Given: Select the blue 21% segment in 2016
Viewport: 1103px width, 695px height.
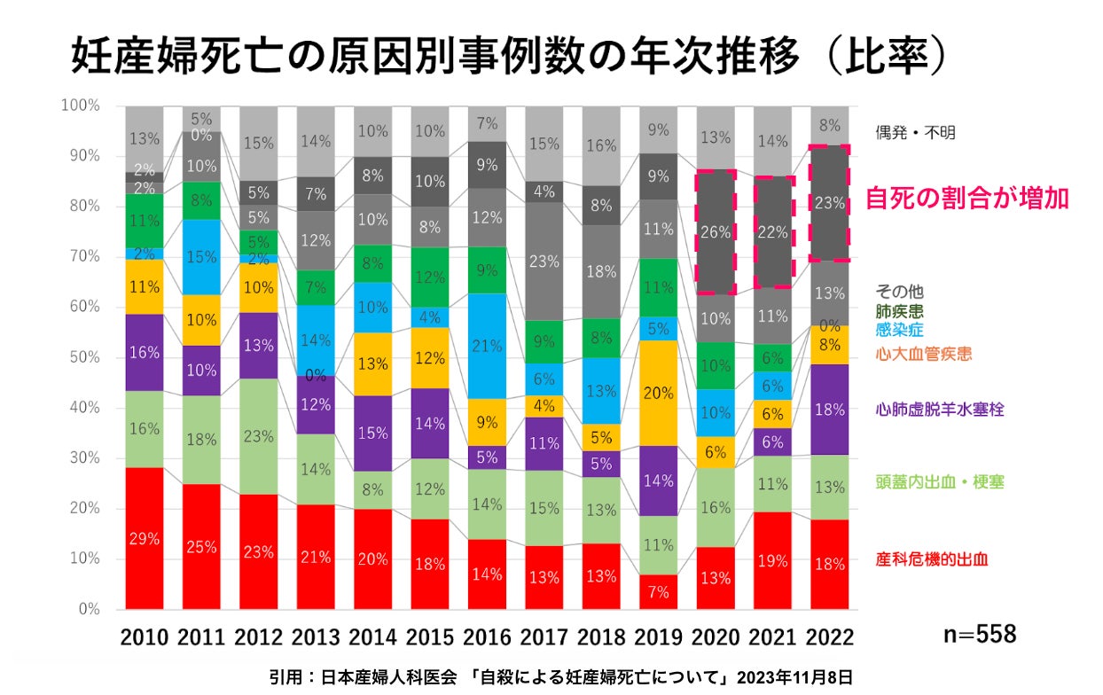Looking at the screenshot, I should (x=486, y=346).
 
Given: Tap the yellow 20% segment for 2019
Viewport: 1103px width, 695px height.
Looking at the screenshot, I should (x=657, y=394).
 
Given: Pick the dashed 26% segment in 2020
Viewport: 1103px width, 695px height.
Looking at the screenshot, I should (x=715, y=232).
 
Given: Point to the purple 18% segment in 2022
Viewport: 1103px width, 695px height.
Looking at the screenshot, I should (x=830, y=409).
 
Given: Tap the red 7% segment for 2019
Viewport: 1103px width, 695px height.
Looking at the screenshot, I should (x=657, y=592).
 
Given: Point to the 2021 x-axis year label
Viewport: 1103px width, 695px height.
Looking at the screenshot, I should (x=772, y=636).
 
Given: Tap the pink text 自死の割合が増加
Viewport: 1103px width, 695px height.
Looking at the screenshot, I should (x=966, y=198).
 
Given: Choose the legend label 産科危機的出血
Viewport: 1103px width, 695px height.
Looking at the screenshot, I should (x=932, y=559).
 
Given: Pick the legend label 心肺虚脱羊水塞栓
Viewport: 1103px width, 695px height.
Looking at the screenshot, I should (x=938, y=410).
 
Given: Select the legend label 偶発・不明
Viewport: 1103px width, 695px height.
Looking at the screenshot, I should (x=916, y=133).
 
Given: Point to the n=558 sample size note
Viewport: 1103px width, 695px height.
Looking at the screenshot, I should (x=979, y=634).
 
